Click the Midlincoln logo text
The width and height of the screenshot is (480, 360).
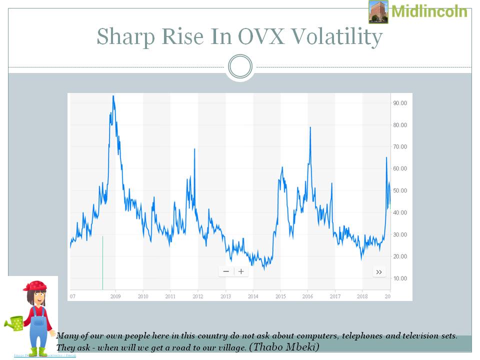[429, 11]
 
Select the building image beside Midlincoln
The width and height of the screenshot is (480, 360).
[378, 11]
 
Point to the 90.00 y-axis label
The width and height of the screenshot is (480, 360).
[400, 103]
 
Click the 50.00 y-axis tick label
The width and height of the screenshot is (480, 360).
[400, 190]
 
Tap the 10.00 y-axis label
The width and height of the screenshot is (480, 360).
[400, 278]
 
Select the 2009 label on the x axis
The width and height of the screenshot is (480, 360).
[115, 296]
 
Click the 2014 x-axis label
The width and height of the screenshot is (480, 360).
[252, 296]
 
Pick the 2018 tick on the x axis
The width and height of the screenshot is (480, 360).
[362, 296]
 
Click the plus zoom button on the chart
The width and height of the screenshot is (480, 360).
[241, 271]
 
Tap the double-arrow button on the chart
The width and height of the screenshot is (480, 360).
[379, 272]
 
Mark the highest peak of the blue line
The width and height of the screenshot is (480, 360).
[113, 96]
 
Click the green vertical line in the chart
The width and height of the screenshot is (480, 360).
[103, 262]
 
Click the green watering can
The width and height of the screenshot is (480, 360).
[16, 323]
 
